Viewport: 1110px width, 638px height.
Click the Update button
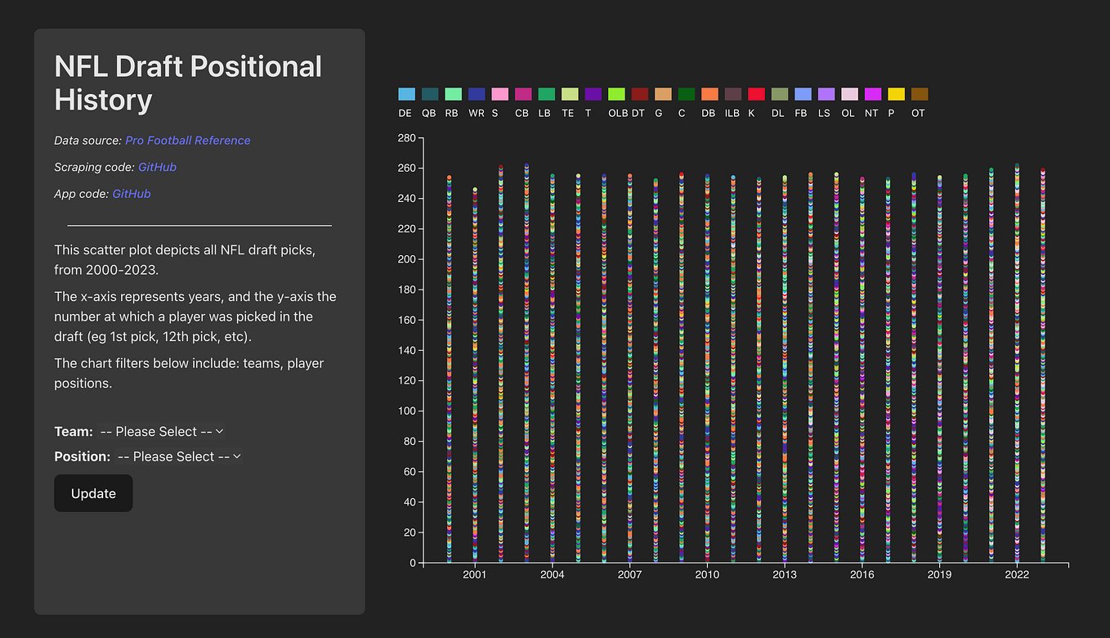(93, 493)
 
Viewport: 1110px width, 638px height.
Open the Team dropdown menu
(161, 431)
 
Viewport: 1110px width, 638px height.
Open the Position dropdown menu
(179, 456)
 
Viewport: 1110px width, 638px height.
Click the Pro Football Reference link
(187, 141)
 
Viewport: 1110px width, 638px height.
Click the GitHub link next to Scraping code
(157, 167)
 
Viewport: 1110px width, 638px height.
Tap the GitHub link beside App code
(132, 194)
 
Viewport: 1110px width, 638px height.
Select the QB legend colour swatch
(430, 95)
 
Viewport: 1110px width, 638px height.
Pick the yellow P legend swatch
(896, 95)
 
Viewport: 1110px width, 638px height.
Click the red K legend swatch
(756, 95)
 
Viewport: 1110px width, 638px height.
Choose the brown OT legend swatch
(920, 95)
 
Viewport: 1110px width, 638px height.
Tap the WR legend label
(476, 114)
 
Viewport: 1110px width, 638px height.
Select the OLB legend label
(618, 114)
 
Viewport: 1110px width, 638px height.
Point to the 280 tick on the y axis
(406, 138)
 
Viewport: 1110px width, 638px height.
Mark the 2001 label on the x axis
(475, 575)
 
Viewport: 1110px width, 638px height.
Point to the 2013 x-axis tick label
(785, 575)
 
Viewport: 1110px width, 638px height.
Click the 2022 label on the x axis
(1017, 575)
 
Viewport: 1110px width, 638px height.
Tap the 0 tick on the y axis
(412, 563)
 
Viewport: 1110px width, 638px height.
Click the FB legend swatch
(803, 95)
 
